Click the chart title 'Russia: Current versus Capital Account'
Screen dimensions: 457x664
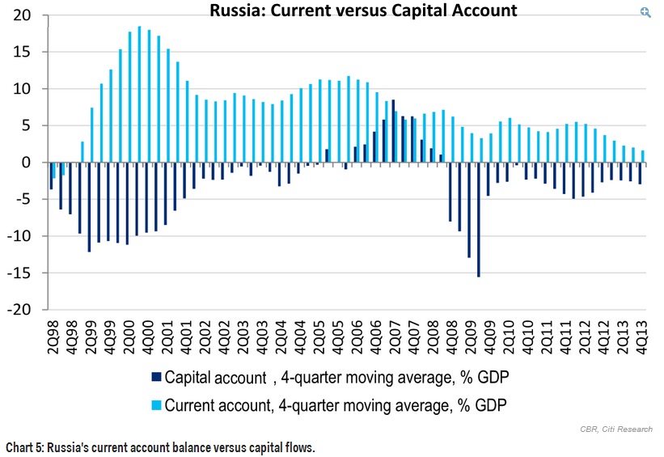point(363,11)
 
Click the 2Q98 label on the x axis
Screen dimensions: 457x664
point(53,329)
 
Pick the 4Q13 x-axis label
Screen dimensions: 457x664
point(639,329)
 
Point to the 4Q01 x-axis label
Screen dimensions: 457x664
point(185,329)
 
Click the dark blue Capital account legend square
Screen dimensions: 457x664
point(157,378)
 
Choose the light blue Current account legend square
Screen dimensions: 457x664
point(157,404)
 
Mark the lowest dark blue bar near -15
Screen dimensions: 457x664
point(478,219)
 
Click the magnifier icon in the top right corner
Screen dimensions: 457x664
point(645,12)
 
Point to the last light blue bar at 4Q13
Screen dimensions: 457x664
point(642,156)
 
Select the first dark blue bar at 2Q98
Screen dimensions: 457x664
point(51,176)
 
